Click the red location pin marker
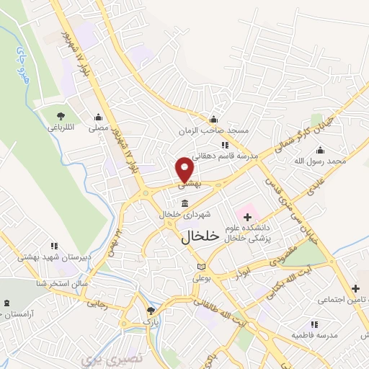click(x=185, y=169)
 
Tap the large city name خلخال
click(x=198, y=236)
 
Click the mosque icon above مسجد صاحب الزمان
click(x=213, y=120)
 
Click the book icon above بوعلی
click(x=200, y=267)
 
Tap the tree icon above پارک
click(x=151, y=311)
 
